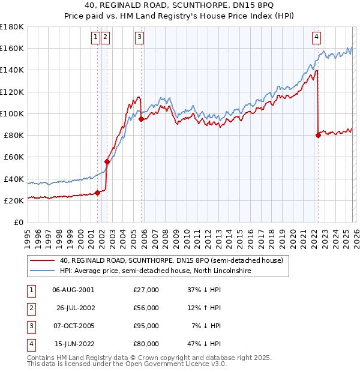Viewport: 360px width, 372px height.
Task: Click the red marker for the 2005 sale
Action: pos(141,119)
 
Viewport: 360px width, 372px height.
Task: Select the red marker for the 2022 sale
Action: pos(318,136)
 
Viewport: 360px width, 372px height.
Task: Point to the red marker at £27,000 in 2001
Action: pos(97,193)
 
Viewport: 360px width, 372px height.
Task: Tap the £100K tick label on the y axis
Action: pos(12,113)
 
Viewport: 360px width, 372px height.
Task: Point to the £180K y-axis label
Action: pos(12,27)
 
